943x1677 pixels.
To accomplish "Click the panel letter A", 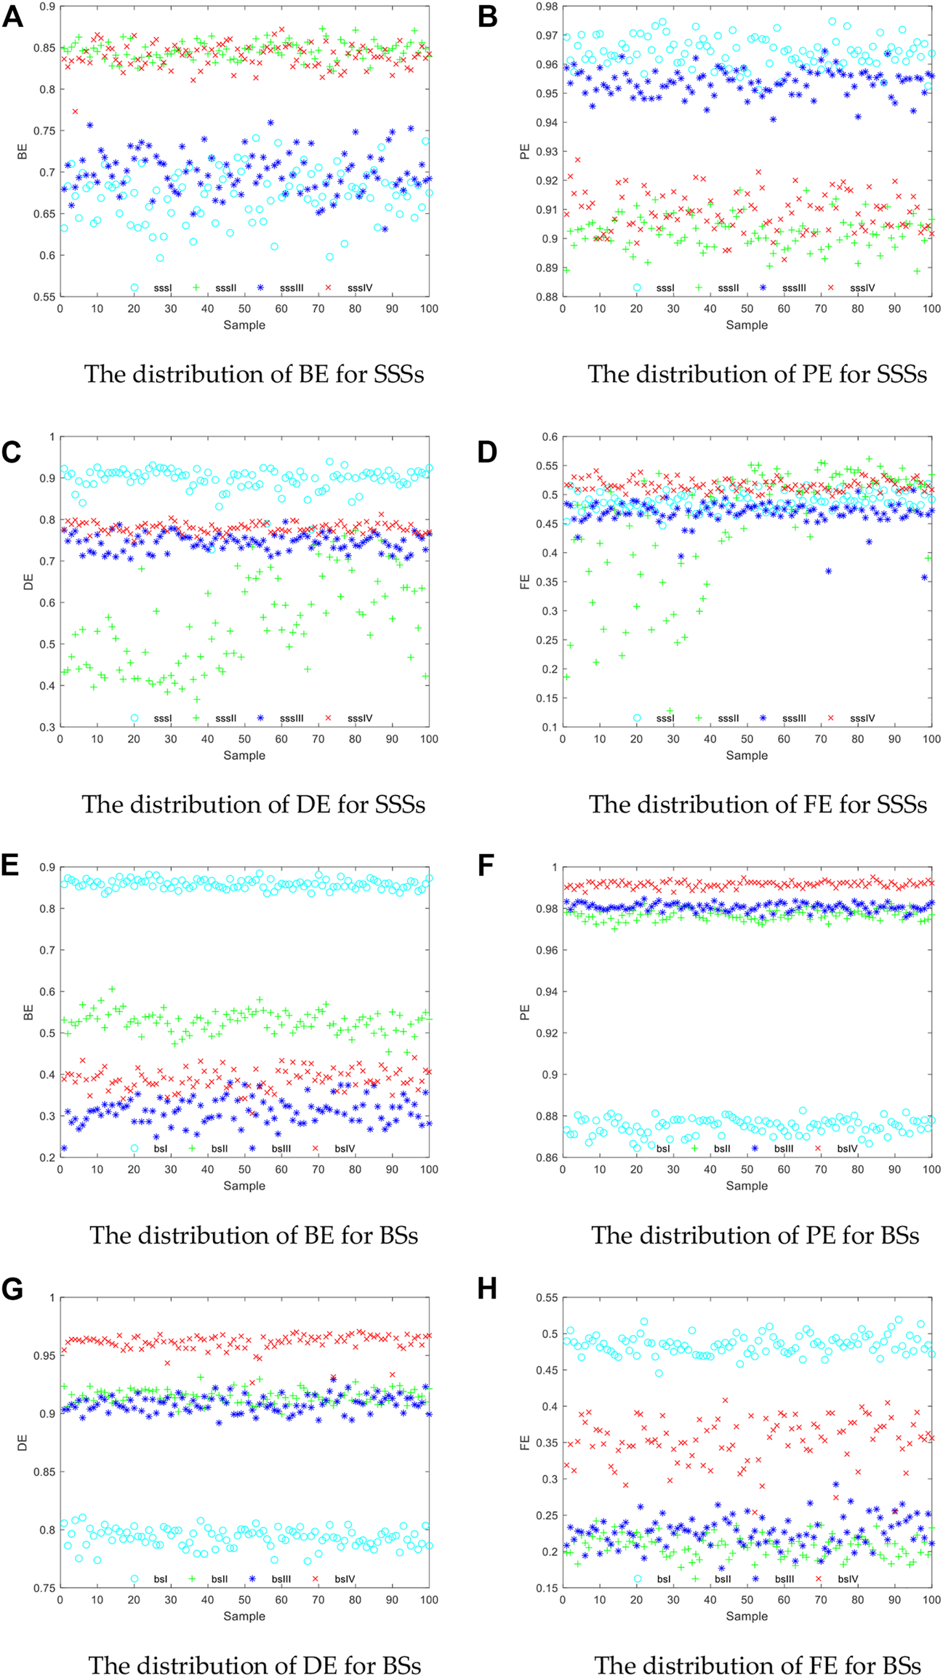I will click(x=12, y=15).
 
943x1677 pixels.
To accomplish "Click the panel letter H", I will click(x=486, y=1288).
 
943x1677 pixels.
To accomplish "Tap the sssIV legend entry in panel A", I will click(x=359, y=288).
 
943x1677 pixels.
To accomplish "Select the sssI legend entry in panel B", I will click(x=665, y=288).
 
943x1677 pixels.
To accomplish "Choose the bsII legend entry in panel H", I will click(x=722, y=1579).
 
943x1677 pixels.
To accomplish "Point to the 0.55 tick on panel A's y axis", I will click(x=46, y=297).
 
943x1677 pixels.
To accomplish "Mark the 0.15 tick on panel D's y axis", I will click(x=548, y=698).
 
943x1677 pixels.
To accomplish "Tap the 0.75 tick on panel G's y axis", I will click(x=46, y=1588).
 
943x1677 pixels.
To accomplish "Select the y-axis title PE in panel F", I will click(x=525, y=1011).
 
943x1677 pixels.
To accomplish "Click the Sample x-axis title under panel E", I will click(x=244, y=1186).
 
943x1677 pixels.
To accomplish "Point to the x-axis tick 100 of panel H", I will click(x=931, y=1600).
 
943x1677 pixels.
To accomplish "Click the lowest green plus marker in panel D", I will click(x=670, y=710).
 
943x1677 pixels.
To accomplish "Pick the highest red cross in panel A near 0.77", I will click(x=76, y=111).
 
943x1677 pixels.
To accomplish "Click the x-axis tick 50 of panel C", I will click(x=244, y=739).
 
